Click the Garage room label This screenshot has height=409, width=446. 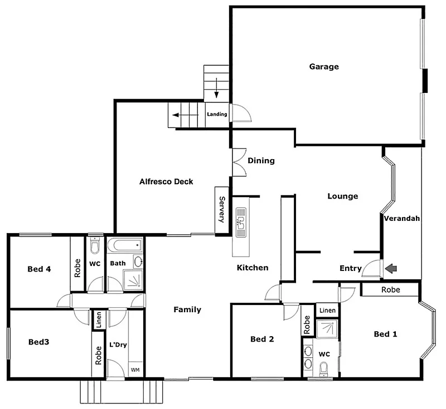pos(324,67)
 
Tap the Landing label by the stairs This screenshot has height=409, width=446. pos(217,115)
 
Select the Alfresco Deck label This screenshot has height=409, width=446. pos(166,181)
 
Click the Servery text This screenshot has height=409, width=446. pos(222,210)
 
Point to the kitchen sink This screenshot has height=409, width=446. pos(241,221)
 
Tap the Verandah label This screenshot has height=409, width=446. pos(401,219)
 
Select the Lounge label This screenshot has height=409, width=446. pos(342,196)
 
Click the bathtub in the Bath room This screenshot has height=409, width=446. pos(125,245)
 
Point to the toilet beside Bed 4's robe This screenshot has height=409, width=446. pos(94,246)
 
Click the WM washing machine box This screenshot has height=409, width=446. pos(135,369)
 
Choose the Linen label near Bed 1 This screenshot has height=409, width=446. pos(327,310)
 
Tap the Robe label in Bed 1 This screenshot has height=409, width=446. pos(390,290)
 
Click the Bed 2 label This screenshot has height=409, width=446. pos(261,339)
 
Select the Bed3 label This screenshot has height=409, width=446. pos(39,342)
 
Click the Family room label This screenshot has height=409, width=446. pos(187,309)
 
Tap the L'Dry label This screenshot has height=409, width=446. pos(118,344)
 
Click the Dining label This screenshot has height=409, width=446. pos(261,161)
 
